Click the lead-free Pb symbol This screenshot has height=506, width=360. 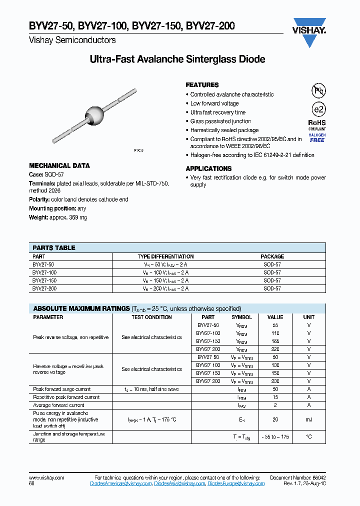pyautogui.click(x=318, y=90)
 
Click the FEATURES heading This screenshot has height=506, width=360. pyautogui.click(x=202, y=85)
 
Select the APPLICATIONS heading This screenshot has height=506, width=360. pyautogui.click(x=208, y=168)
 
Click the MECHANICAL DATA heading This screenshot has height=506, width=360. pyautogui.click(x=59, y=165)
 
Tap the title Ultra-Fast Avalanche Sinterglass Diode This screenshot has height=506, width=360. pyautogui.click(x=177, y=59)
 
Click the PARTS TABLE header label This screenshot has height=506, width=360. pyautogui.click(x=54, y=247)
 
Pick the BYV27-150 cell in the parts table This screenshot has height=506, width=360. pyautogui.click(x=44, y=280)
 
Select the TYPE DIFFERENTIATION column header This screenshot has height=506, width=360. pyautogui.click(x=165, y=256)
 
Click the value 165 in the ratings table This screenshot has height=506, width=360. pyautogui.click(x=275, y=340)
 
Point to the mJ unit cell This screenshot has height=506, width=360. pyautogui.click(x=308, y=420)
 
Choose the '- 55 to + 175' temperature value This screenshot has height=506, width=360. pyautogui.click(x=275, y=436)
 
